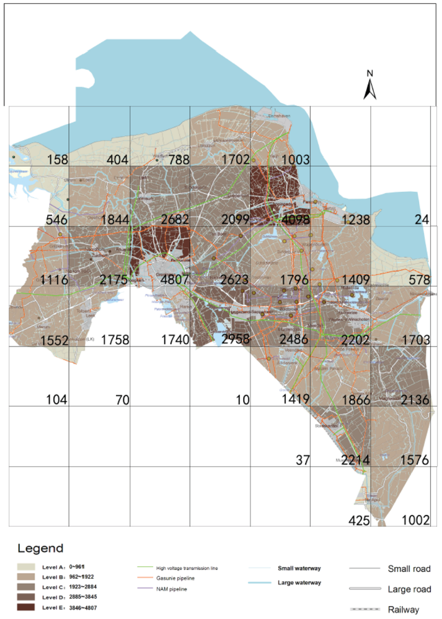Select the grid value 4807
coord(174,279)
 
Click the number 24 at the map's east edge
coord(422,219)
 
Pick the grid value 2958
coord(235,339)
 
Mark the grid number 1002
coord(415,520)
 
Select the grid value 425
coord(355,520)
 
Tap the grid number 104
coord(56,399)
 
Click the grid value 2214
coord(355,459)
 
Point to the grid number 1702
coord(235,160)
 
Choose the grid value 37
coord(302,459)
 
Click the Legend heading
coord(40,548)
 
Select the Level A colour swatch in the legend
coord(27,566)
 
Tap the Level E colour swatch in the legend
coord(27,607)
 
